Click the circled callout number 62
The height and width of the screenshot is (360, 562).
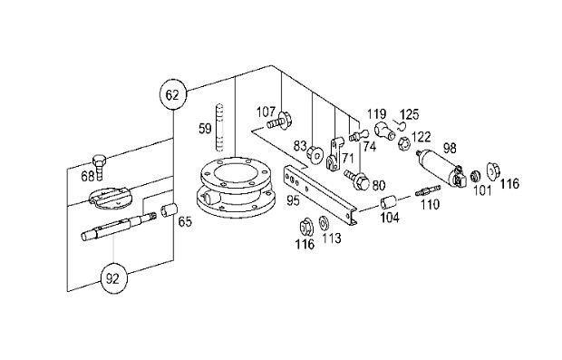click(x=172, y=94)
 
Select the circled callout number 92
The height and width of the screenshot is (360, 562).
click(x=113, y=278)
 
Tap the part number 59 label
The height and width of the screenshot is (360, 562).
click(x=206, y=128)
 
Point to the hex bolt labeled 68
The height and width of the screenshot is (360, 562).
click(x=100, y=166)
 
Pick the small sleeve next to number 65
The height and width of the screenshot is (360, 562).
click(x=169, y=210)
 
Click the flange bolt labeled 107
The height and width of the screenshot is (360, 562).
click(x=281, y=122)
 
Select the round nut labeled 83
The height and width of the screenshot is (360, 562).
click(x=315, y=154)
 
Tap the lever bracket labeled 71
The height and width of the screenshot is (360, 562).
click(x=334, y=154)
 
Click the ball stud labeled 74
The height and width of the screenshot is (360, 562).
click(x=359, y=135)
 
